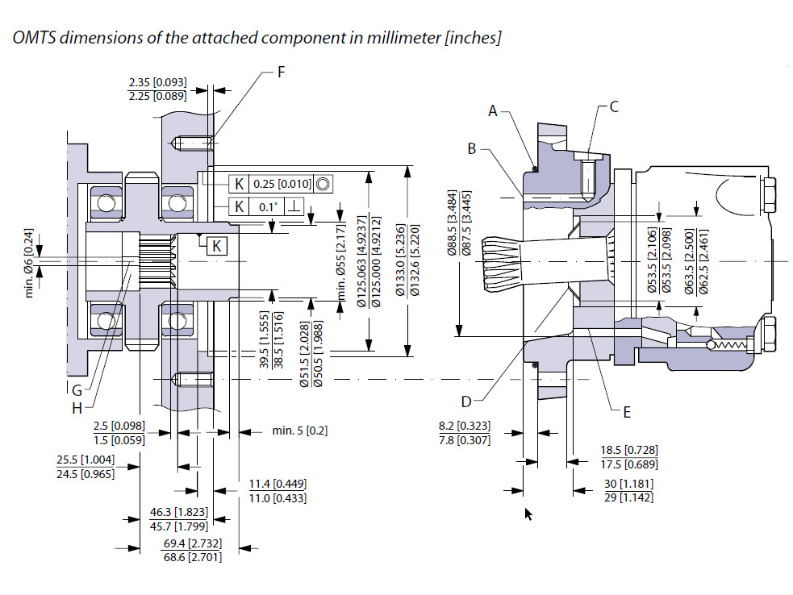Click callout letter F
(281, 72)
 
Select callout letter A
(493, 111)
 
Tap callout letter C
(614, 106)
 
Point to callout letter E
(626, 411)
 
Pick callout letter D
(465, 401)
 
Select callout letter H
(77, 408)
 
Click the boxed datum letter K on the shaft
(217, 245)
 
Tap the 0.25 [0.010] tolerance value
(282, 184)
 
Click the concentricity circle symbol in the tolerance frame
(323, 184)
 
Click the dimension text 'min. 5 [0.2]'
(300, 431)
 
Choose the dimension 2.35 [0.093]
(157, 82)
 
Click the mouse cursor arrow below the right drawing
(528, 514)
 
